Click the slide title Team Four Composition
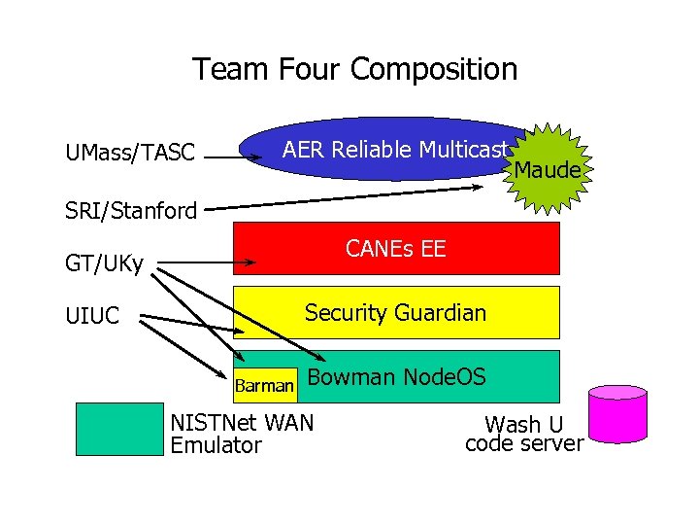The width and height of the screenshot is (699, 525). pyautogui.click(x=354, y=70)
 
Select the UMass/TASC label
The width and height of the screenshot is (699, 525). pyautogui.click(x=130, y=153)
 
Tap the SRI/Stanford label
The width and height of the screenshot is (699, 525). pyautogui.click(x=131, y=209)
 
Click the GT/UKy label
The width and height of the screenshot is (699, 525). pyautogui.click(x=104, y=263)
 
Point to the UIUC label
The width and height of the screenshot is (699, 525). pyautogui.click(x=92, y=316)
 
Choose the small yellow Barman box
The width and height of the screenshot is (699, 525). pyautogui.click(x=264, y=386)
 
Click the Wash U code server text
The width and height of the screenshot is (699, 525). pyautogui.click(x=524, y=434)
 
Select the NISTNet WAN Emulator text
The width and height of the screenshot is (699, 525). pyautogui.click(x=242, y=434)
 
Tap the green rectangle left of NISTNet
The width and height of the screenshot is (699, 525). pyautogui.click(x=119, y=429)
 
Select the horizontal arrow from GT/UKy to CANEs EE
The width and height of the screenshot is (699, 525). pyautogui.click(x=209, y=262)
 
